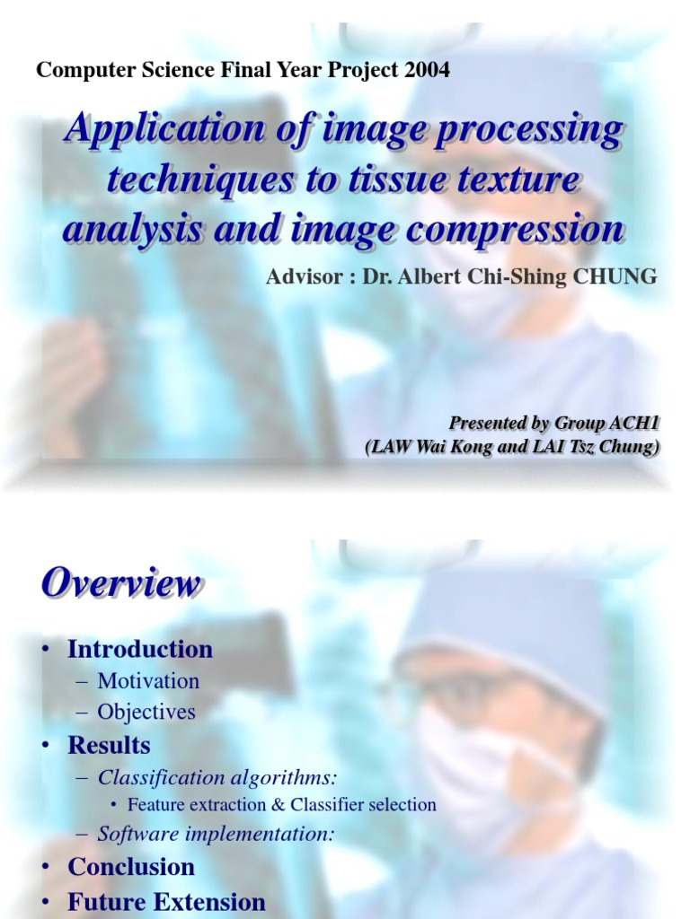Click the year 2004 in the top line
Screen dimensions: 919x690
[x=427, y=70]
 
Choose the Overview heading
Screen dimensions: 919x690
[x=119, y=584]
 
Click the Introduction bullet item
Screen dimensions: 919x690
[x=140, y=649]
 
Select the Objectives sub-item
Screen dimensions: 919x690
[x=146, y=713]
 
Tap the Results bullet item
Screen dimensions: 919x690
[x=109, y=745]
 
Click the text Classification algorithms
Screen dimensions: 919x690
[x=220, y=777]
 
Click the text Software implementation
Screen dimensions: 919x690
[x=217, y=834]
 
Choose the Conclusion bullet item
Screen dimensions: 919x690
[x=131, y=867]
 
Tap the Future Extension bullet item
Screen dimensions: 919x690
[x=166, y=902]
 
